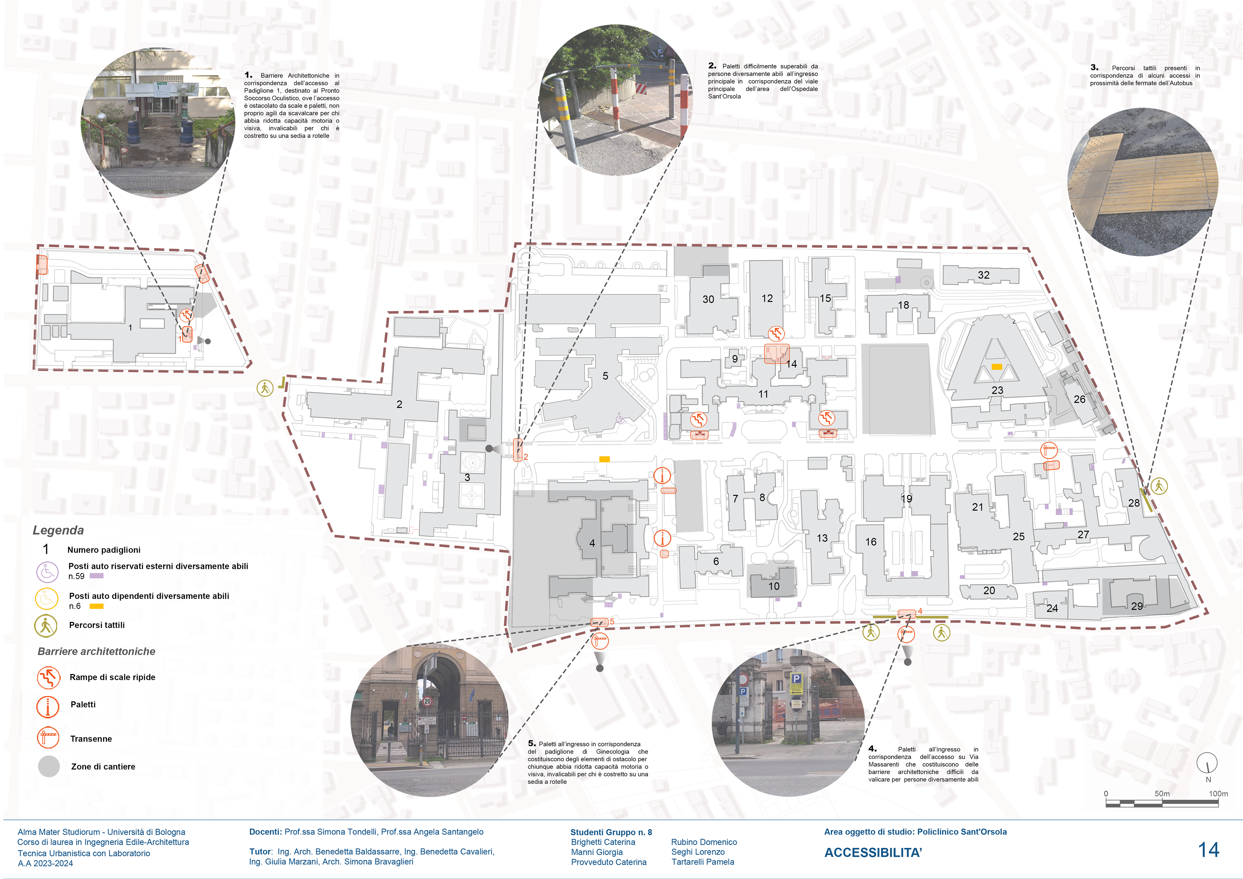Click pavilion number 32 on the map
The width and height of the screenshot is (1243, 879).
[x=984, y=275]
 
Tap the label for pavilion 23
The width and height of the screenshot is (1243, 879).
[x=997, y=390]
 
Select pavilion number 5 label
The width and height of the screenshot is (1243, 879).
[x=605, y=376]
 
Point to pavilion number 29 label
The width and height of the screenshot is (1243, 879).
[x=1137, y=606]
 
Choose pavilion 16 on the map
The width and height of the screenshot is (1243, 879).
[x=870, y=542]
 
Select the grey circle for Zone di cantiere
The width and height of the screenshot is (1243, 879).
[x=49, y=766]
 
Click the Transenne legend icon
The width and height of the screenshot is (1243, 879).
[x=48, y=738]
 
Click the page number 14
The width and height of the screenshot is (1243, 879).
[x=1208, y=850]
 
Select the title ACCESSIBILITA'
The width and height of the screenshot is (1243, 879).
[x=873, y=852]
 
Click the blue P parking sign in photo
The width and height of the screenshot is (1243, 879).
[x=796, y=679]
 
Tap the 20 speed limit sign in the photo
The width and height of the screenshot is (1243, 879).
[x=427, y=701]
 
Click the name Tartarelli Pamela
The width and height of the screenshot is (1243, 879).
[x=703, y=862]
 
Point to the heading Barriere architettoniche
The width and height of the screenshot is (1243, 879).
[x=96, y=651]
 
